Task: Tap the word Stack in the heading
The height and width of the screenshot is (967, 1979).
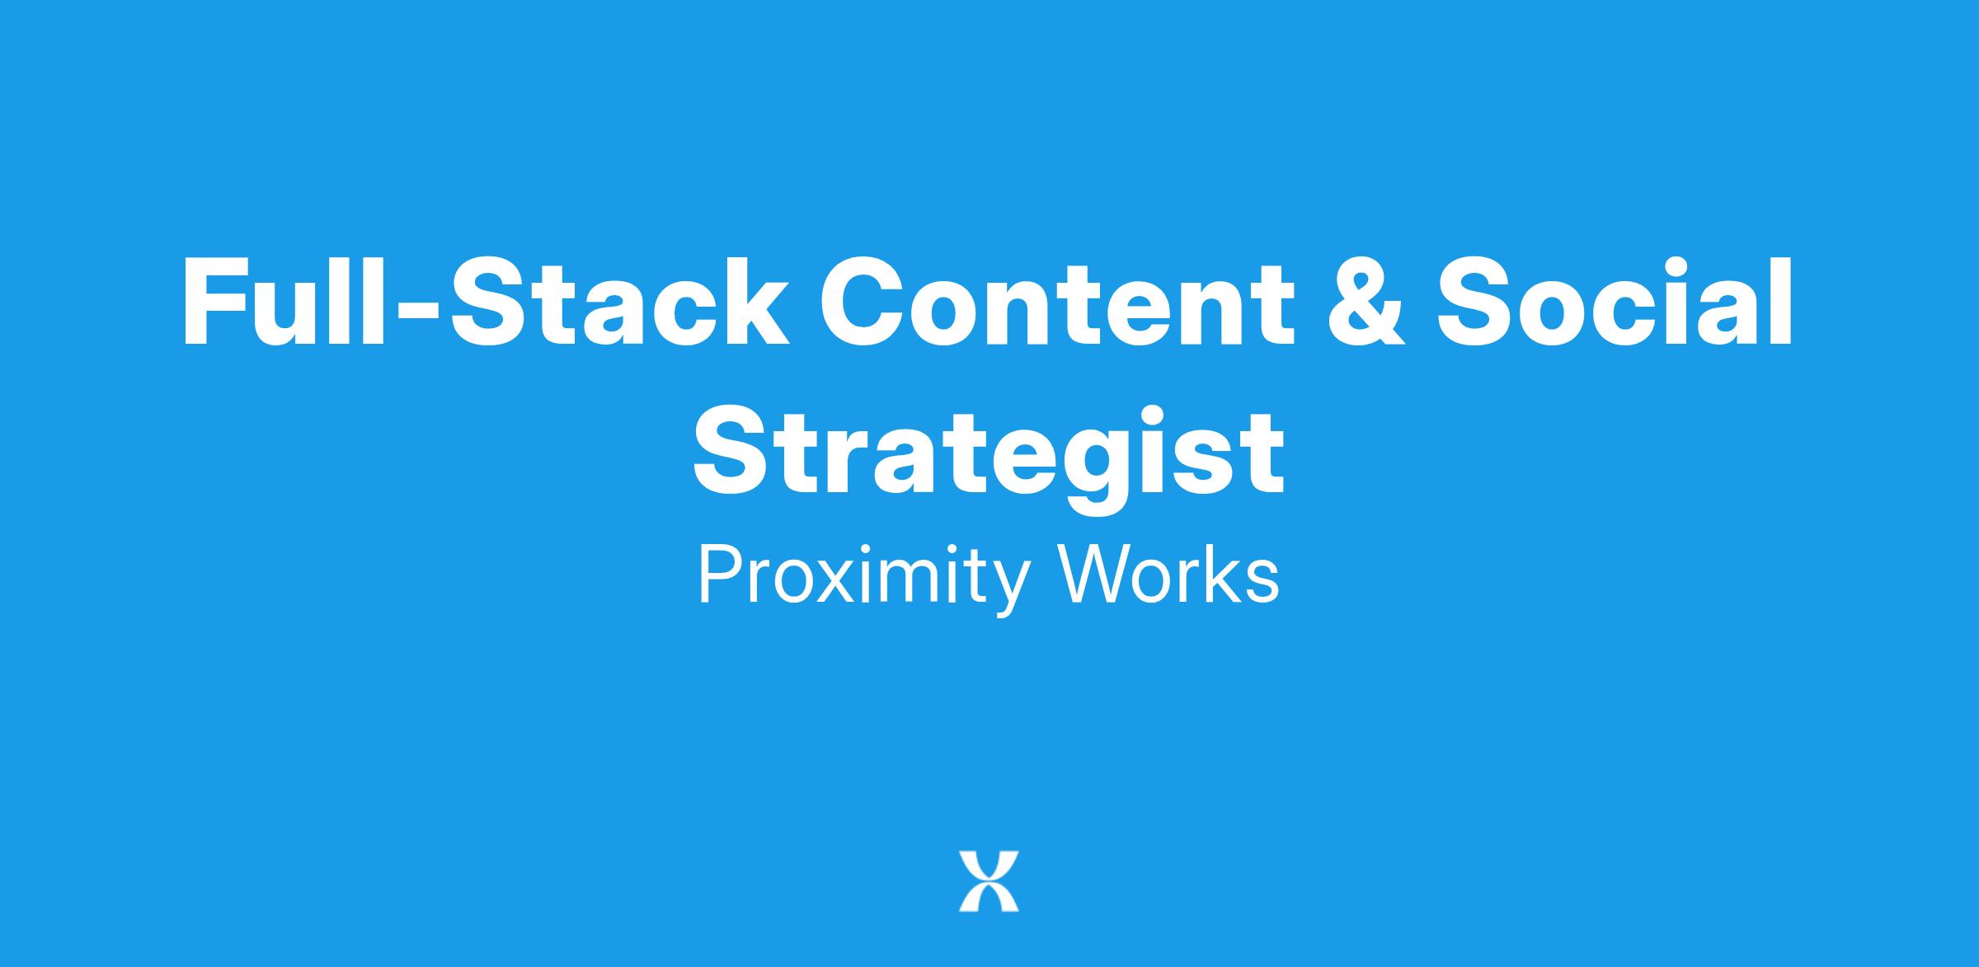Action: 618,302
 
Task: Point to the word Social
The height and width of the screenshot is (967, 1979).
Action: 1615,302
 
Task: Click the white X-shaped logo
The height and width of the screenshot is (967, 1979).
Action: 989,881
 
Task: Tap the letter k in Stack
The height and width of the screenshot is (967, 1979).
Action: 754,302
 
